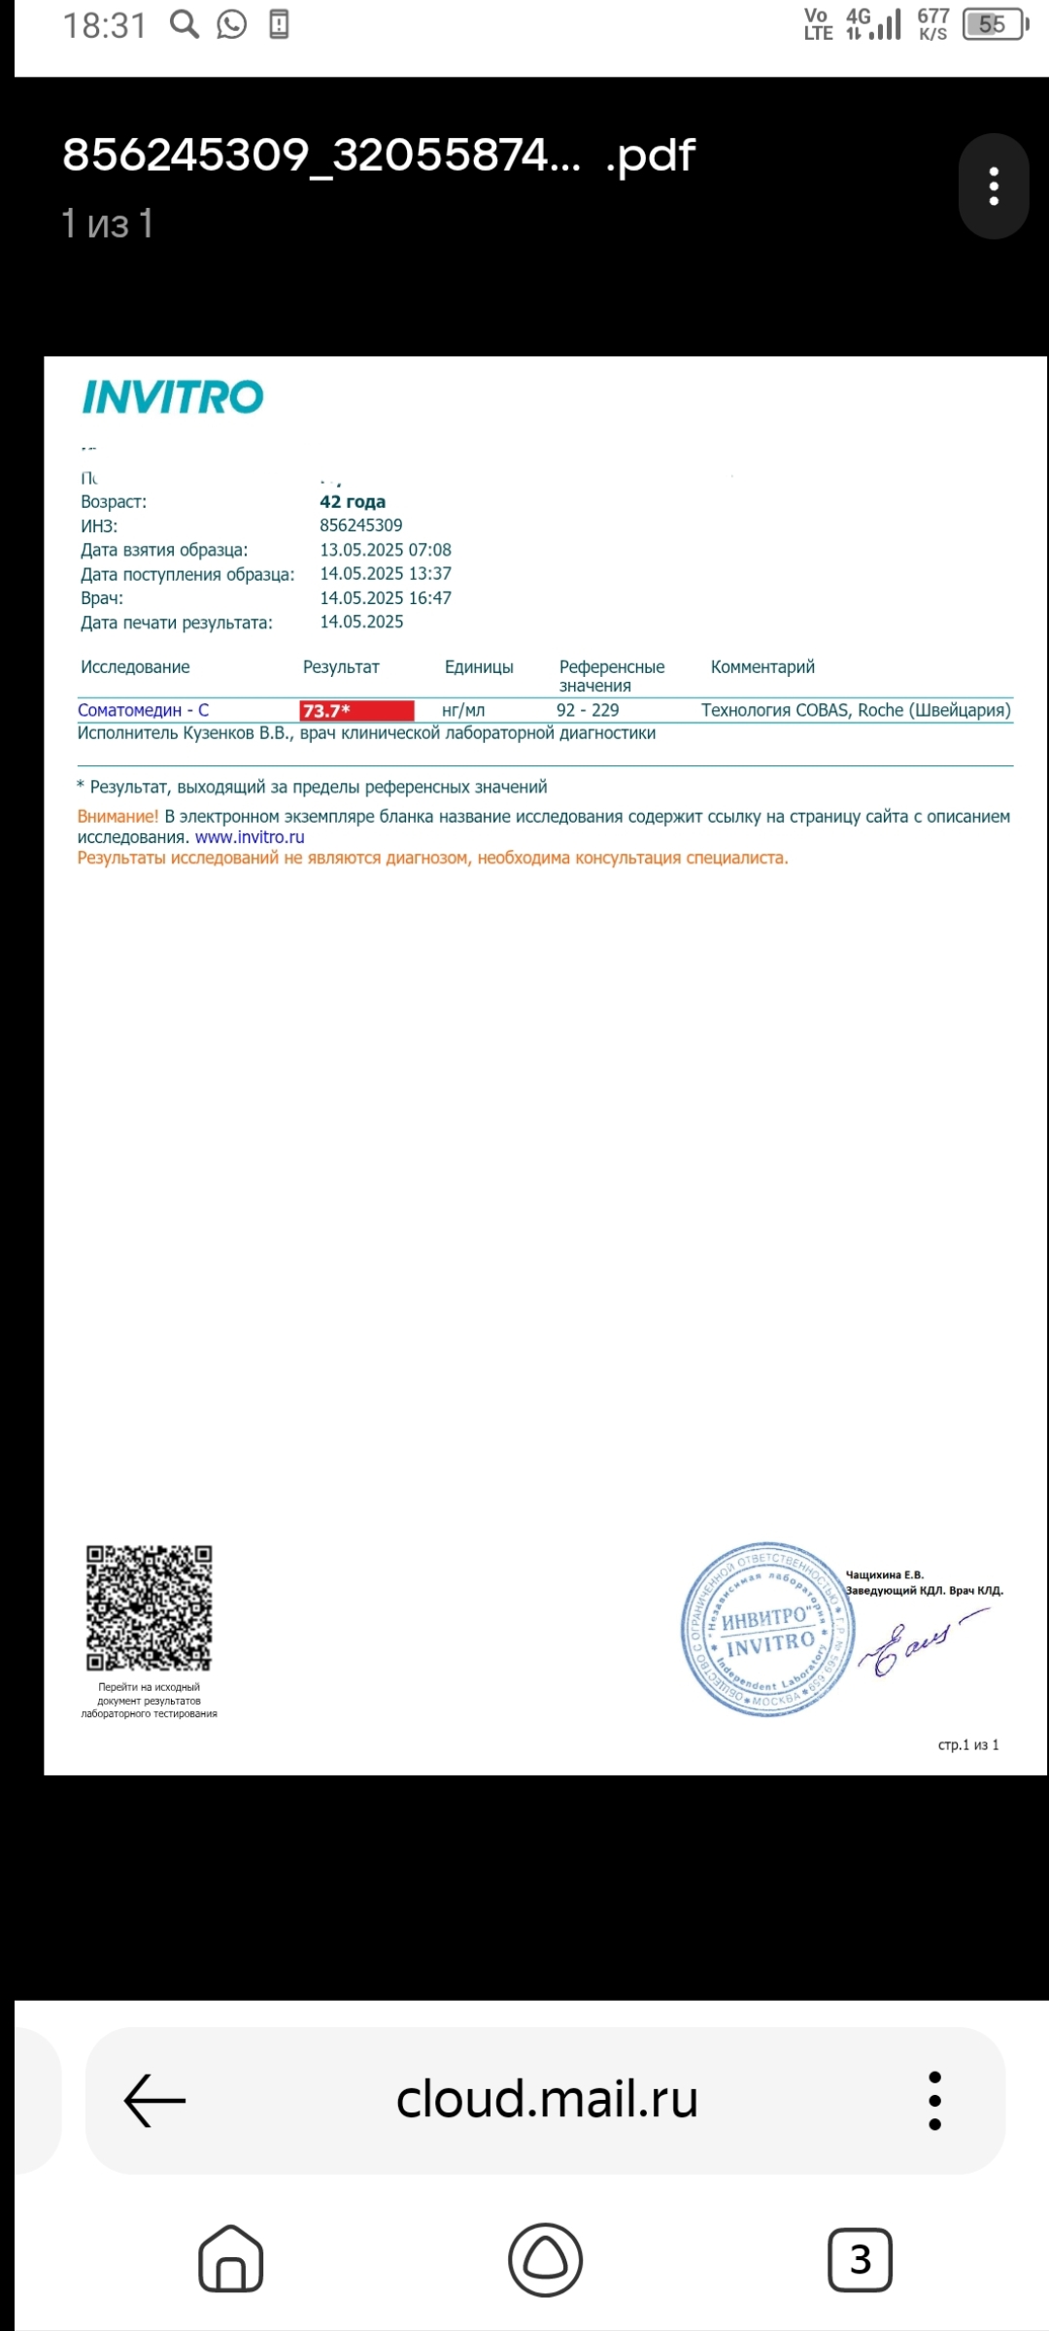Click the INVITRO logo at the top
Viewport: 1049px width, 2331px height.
coord(173,396)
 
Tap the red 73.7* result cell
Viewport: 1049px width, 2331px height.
coord(356,711)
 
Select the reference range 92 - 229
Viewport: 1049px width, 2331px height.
coord(588,710)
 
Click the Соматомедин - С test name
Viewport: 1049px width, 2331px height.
coord(143,710)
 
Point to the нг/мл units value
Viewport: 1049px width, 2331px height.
coord(463,710)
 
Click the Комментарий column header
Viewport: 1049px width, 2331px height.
coord(762,667)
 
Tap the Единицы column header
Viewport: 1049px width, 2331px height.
coord(479,667)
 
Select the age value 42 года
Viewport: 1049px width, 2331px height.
coord(353,501)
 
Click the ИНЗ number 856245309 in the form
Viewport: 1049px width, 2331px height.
coord(361,525)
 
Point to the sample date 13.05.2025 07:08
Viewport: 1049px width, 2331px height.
coord(386,550)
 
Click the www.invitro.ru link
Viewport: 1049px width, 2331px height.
coord(250,837)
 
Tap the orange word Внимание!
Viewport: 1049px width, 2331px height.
coord(118,817)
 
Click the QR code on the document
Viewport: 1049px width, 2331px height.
coord(149,1607)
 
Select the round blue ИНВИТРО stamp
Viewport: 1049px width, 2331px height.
coord(767,1629)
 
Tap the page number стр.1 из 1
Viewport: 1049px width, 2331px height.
coord(968,1745)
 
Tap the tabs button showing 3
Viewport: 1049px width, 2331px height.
coord(860,2260)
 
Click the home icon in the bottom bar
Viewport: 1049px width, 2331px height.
coord(230,2260)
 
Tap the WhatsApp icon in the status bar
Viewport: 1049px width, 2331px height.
coord(231,24)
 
